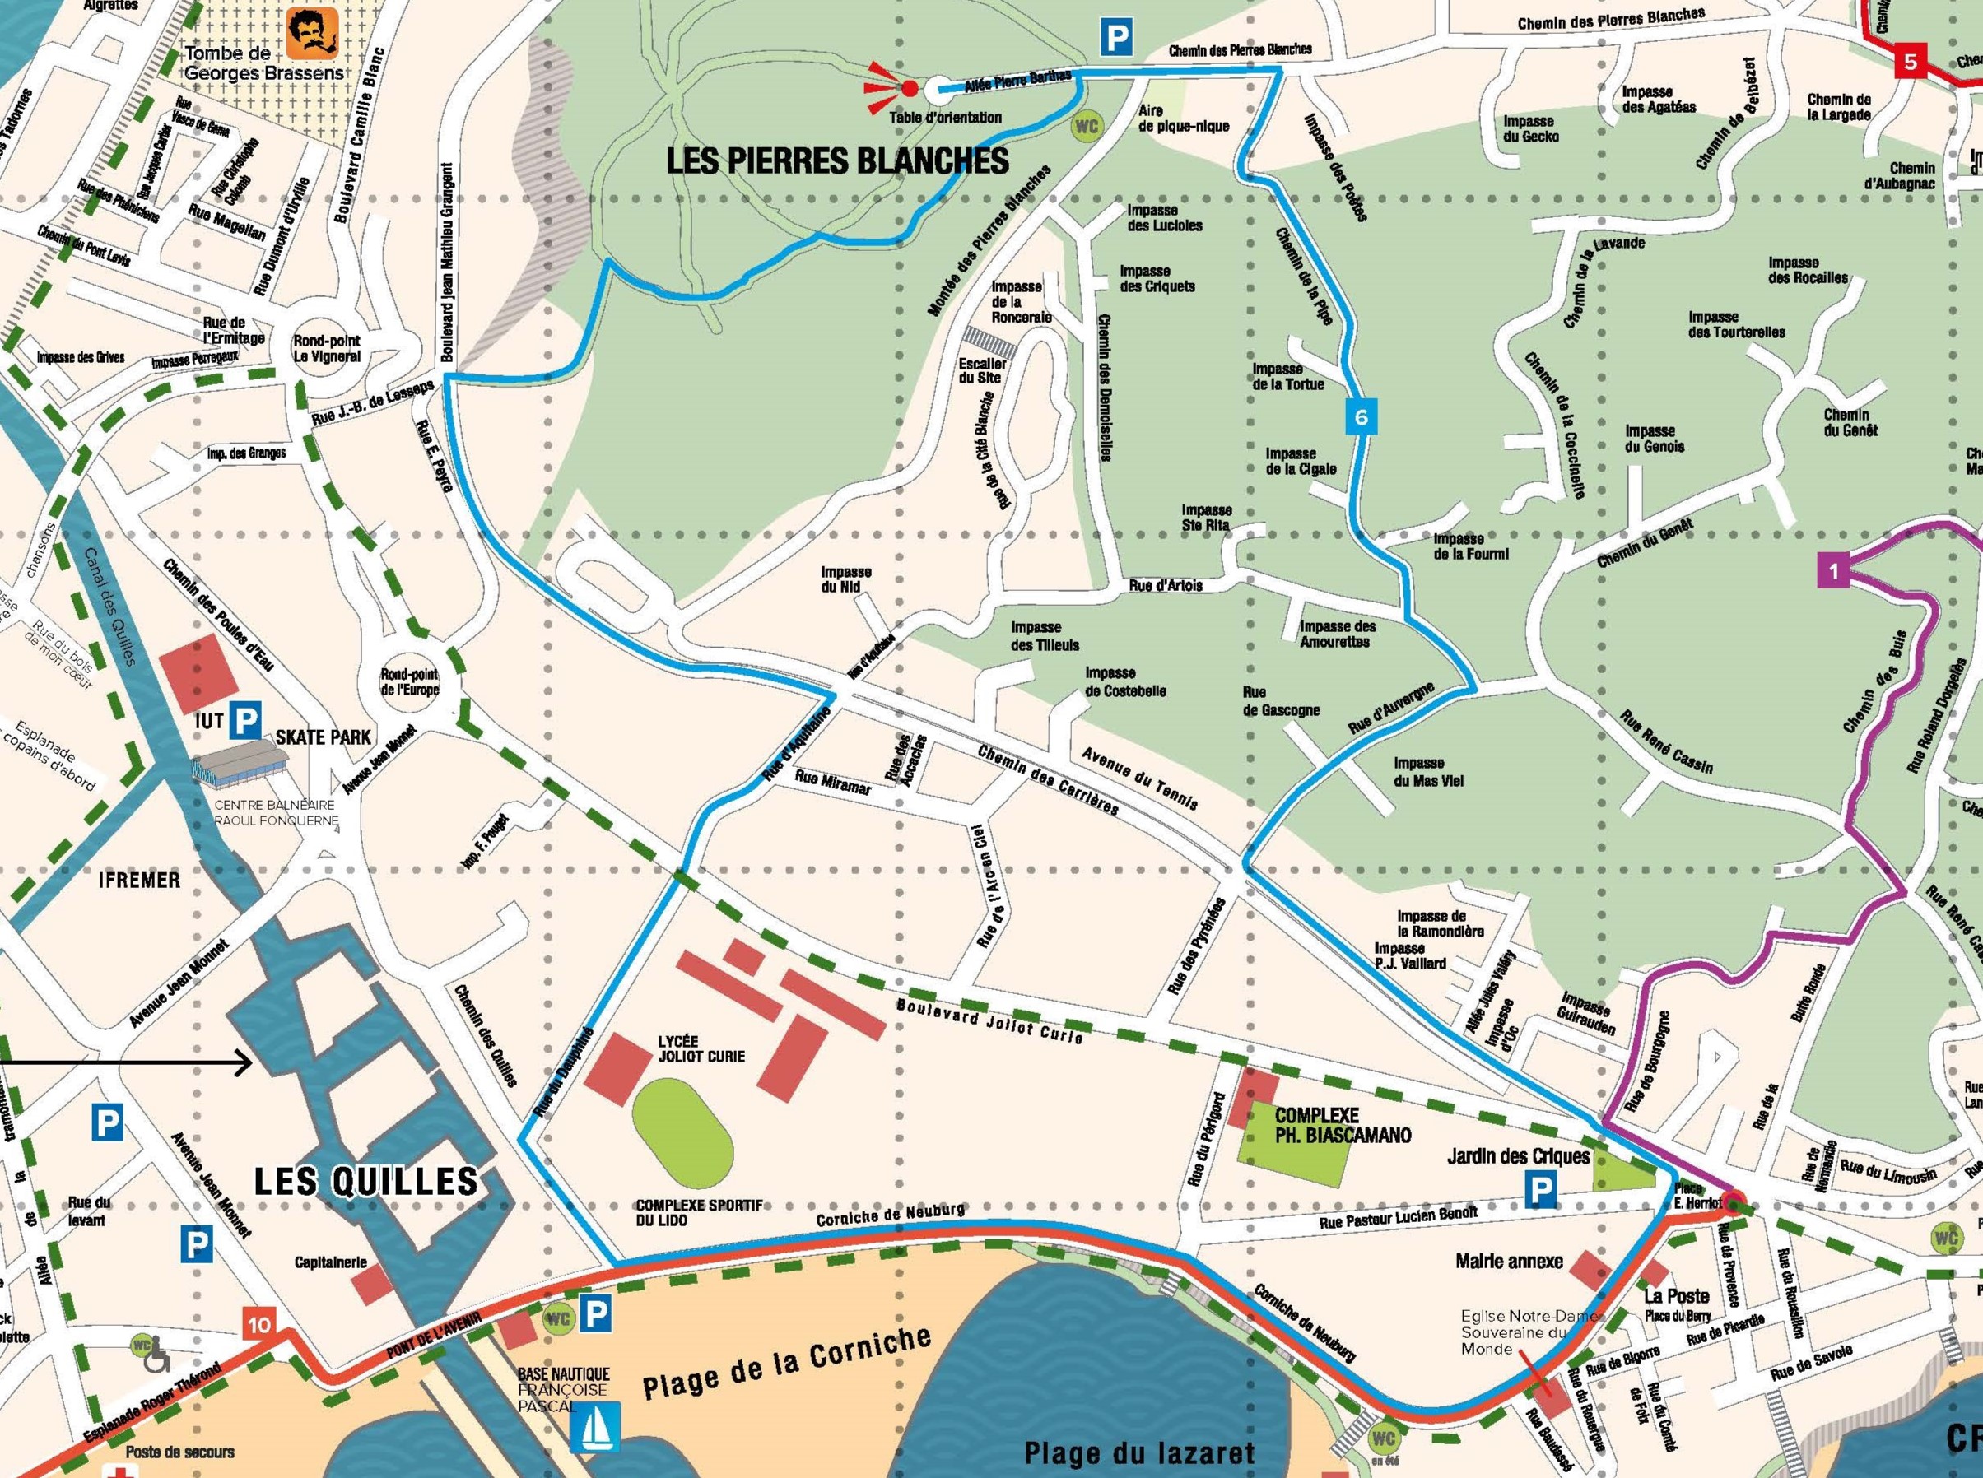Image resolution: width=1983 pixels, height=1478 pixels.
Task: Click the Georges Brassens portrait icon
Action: (x=312, y=33)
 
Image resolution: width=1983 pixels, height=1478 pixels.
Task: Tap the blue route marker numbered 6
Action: (x=1361, y=417)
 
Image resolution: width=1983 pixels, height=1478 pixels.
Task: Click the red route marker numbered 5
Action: (x=1911, y=62)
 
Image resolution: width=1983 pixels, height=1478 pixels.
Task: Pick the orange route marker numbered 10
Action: (x=258, y=1324)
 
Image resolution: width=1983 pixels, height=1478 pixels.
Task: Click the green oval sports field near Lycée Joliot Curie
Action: (x=682, y=1130)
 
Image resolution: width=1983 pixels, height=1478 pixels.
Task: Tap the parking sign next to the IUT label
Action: (x=246, y=718)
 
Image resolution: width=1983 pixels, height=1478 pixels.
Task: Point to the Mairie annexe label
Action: (x=1509, y=1261)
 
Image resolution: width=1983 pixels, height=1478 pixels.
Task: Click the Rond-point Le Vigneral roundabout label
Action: (x=327, y=348)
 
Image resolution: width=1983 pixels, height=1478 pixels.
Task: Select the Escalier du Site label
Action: (x=982, y=370)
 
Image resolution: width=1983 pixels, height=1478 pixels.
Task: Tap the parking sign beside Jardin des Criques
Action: (x=1540, y=1189)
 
